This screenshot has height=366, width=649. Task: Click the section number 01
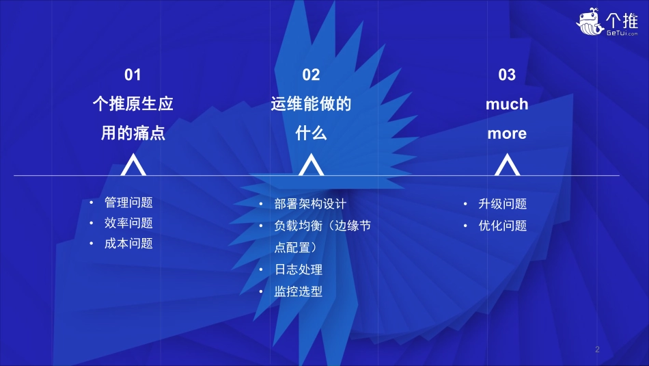(133, 75)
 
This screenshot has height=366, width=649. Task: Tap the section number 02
(311, 75)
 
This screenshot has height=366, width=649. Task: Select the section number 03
(507, 75)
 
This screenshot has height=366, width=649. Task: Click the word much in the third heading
(507, 105)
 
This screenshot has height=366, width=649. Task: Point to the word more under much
(507, 133)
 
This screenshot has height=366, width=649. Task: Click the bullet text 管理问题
(128, 203)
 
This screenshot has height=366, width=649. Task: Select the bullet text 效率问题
(128, 223)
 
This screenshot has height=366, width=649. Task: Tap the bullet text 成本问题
(128, 243)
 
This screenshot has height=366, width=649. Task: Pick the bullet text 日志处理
(299, 270)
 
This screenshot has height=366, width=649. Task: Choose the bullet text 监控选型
(299, 291)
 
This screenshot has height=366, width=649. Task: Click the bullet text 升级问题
(503, 204)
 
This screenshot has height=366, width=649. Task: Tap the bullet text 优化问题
(503, 226)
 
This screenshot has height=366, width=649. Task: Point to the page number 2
(597, 350)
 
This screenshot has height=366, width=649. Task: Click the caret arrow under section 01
(133, 166)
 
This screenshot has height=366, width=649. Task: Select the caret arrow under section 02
(311, 166)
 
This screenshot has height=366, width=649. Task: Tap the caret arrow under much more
(507, 166)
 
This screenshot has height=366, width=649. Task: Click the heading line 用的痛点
(133, 133)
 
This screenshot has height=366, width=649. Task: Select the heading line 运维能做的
(311, 105)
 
